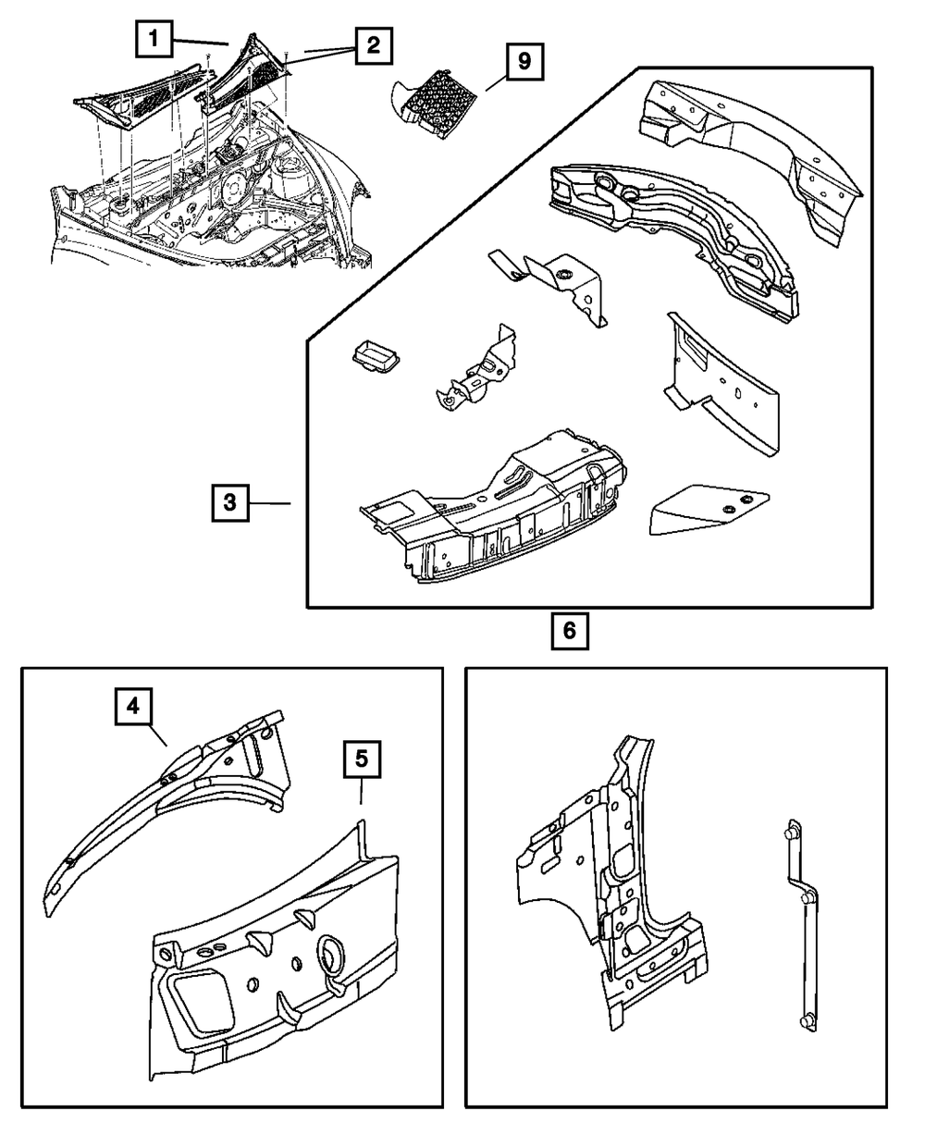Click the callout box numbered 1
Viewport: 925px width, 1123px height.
point(154,40)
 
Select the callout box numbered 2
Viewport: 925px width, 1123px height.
point(373,44)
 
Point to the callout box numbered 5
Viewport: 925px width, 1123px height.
point(362,759)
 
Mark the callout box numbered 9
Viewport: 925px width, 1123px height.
point(524,63)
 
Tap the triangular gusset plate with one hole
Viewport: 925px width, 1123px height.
point(707,509)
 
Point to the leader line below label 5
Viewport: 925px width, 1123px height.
point(362,791)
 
